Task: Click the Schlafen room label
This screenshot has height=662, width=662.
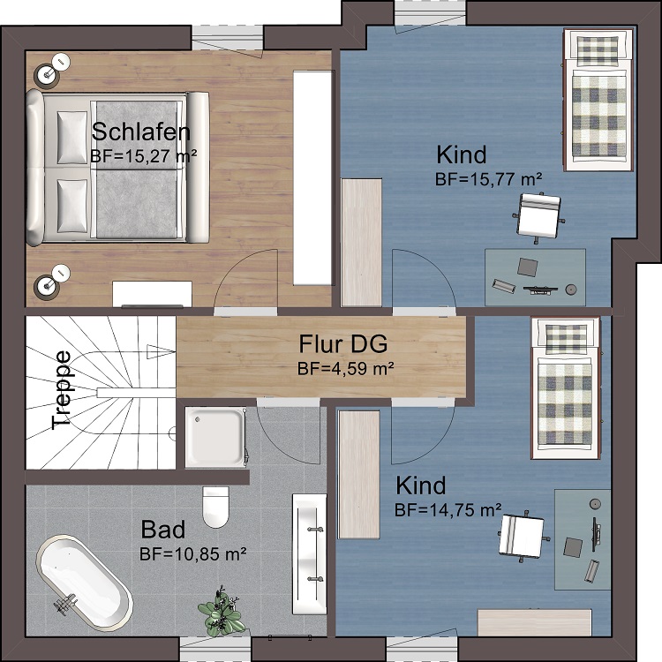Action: click(x=141, y=132)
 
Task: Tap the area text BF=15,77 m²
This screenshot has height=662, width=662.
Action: click(x=488, y=179)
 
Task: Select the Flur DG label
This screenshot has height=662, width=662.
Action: click(x=343, y=343)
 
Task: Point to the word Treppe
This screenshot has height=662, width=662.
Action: click(x=62, y=389)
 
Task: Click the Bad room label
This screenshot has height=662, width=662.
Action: click(x=163, y=530)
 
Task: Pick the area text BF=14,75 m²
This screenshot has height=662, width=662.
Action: click(x=448, y=510)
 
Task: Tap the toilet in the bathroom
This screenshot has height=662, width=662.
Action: click(x=215, y=507)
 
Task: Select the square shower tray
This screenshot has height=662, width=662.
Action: click(x=215, y=438)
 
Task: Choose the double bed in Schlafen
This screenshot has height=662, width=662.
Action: click(x=117, y=169)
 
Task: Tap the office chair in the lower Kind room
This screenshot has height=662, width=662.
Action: click(x=523, y=536)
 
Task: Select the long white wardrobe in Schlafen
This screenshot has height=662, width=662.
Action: click(x=312, y=177)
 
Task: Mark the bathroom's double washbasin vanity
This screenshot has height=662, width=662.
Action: click(x=310, y=554)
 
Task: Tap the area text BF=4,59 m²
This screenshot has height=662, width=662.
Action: click(x=346, y=369)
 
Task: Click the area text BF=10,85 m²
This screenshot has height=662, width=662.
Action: click(x=193, y=553)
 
